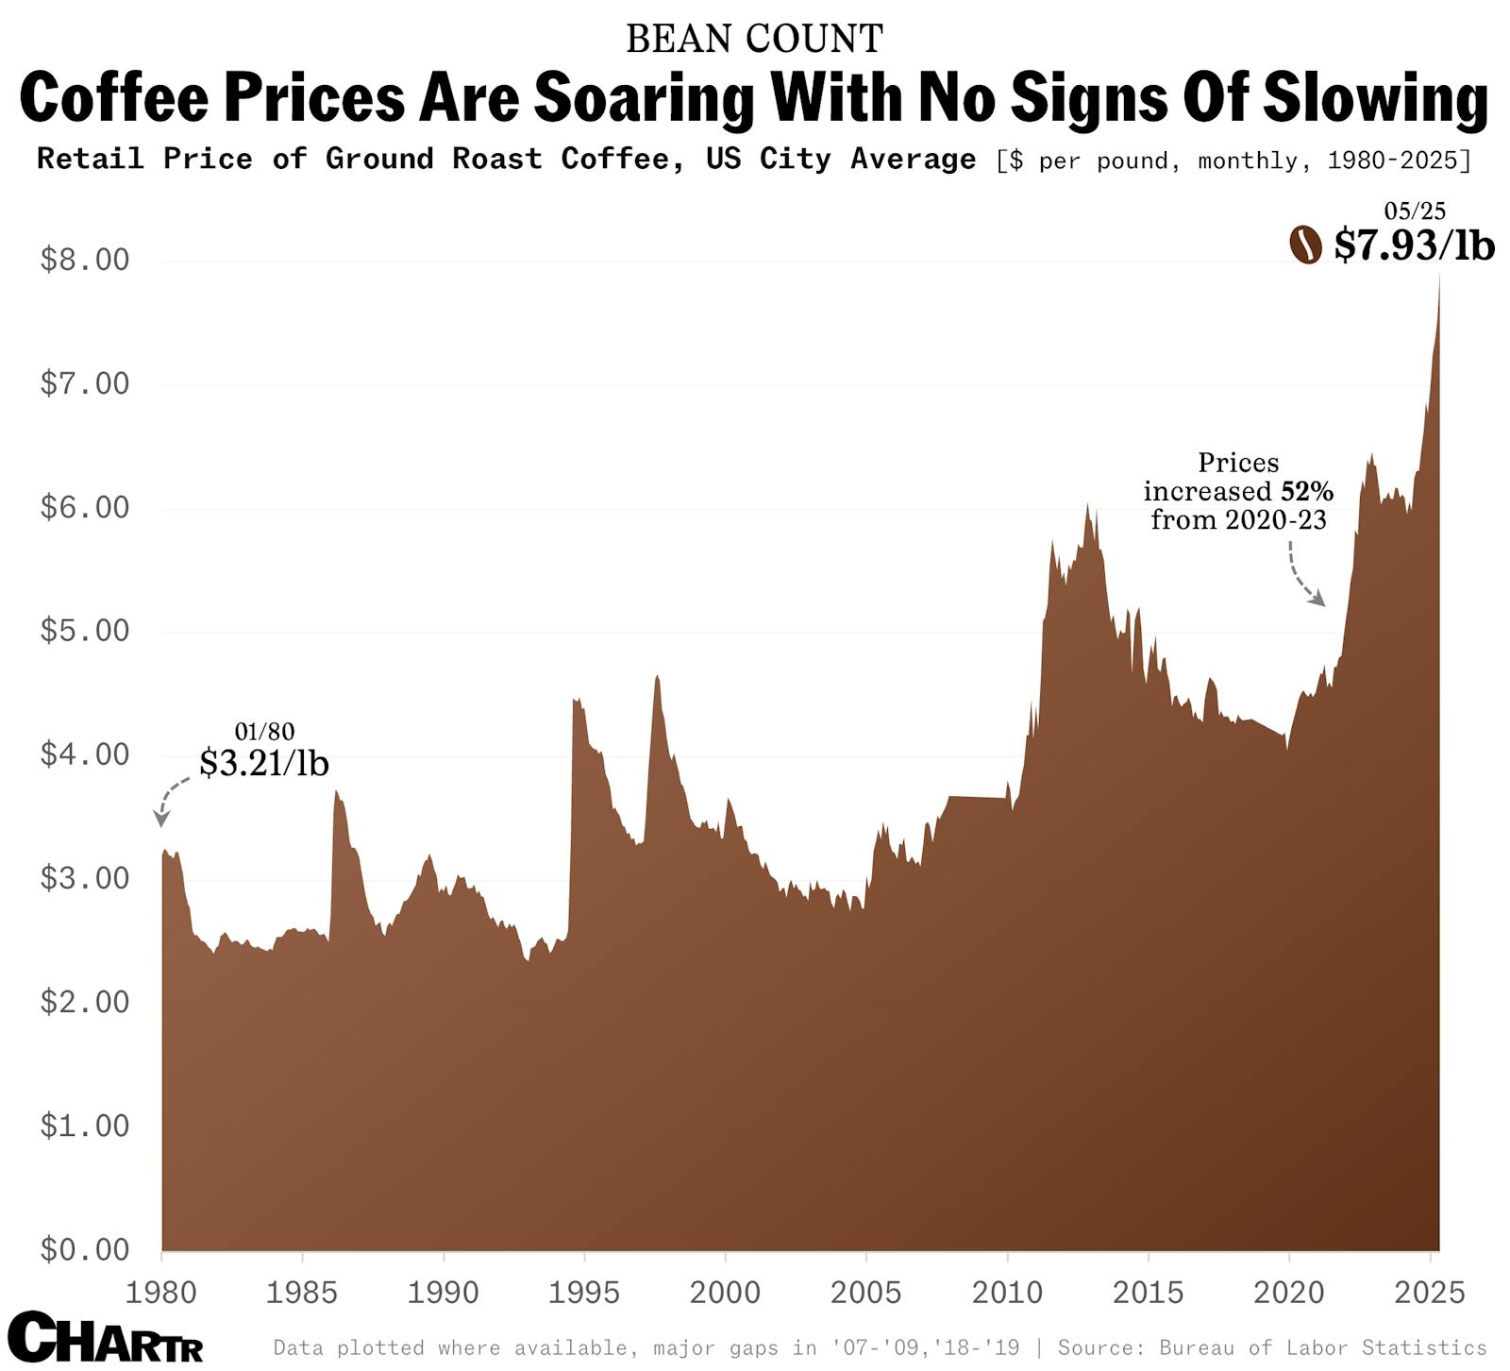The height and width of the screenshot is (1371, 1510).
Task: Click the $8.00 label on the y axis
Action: (x=85, y=260)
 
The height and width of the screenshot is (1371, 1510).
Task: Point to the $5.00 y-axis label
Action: (x=85, y=631)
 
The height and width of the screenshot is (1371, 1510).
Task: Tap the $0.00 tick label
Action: (x=85, y=1249)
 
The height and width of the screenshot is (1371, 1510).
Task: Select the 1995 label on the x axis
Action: (x=583, y=1292)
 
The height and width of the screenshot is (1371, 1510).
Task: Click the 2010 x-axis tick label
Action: (x=1007, y=1292)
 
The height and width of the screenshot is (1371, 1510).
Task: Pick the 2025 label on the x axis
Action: (x=1430, y=1292)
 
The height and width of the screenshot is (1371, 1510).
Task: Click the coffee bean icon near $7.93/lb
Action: (x=1305, y=245)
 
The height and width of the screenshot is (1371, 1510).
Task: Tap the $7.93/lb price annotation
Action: (x=1414, y=245)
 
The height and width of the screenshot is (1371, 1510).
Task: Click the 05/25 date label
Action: (x=1414, y=211)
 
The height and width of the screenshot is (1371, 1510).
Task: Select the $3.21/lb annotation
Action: (x=264, y=762)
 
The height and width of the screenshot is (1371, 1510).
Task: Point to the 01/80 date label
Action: (x=264, y=731)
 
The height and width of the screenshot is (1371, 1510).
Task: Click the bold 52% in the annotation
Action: (x=1306, y=491)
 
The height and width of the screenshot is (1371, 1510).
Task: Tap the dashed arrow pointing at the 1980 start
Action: (x=170, y=801)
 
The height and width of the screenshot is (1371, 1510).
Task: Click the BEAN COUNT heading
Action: (x=754, y=39)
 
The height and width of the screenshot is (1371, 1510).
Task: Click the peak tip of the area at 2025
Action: (x=1438, y=276)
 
